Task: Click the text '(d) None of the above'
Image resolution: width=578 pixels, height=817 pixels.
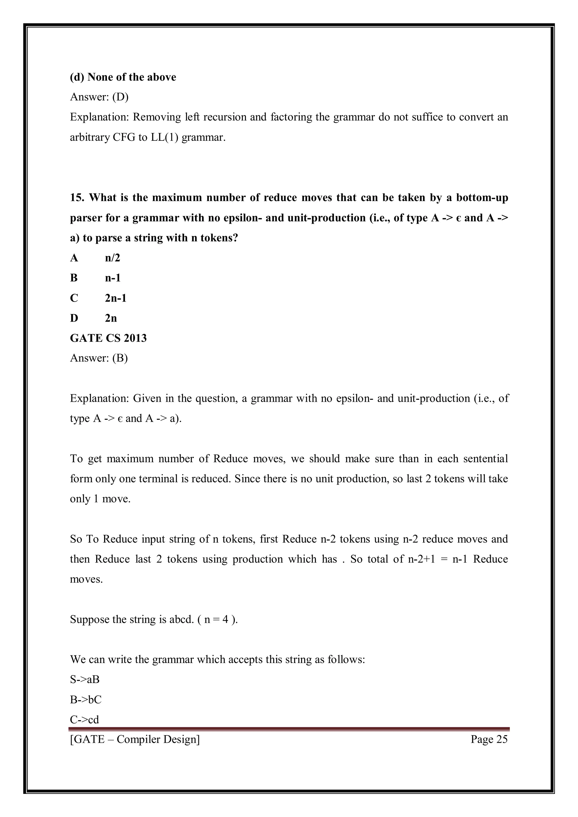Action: coord(123,77)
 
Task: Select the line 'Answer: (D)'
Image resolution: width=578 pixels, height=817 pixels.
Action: coord(99,97)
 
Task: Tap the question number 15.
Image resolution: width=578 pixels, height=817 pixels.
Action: coord(76,197)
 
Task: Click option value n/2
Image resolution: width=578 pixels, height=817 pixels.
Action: coord(113,258)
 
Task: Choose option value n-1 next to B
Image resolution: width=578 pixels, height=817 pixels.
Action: coord(113,278)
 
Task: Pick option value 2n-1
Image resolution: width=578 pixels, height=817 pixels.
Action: coord(116,298)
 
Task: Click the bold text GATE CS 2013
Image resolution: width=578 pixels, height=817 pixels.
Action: coord(108,338)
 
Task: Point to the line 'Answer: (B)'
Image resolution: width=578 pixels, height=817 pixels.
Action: coord(98,358)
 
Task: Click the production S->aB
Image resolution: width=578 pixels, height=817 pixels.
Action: coord(85,680)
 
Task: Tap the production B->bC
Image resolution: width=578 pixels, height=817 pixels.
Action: coord(86,700)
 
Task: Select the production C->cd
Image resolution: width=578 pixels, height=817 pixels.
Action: coord(84,719)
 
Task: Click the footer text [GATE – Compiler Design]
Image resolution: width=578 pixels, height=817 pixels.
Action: coord(135,739)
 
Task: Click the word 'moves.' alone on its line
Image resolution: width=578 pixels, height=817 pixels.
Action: coord(86,579)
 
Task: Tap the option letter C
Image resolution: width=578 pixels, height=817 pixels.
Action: coord(74,298)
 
